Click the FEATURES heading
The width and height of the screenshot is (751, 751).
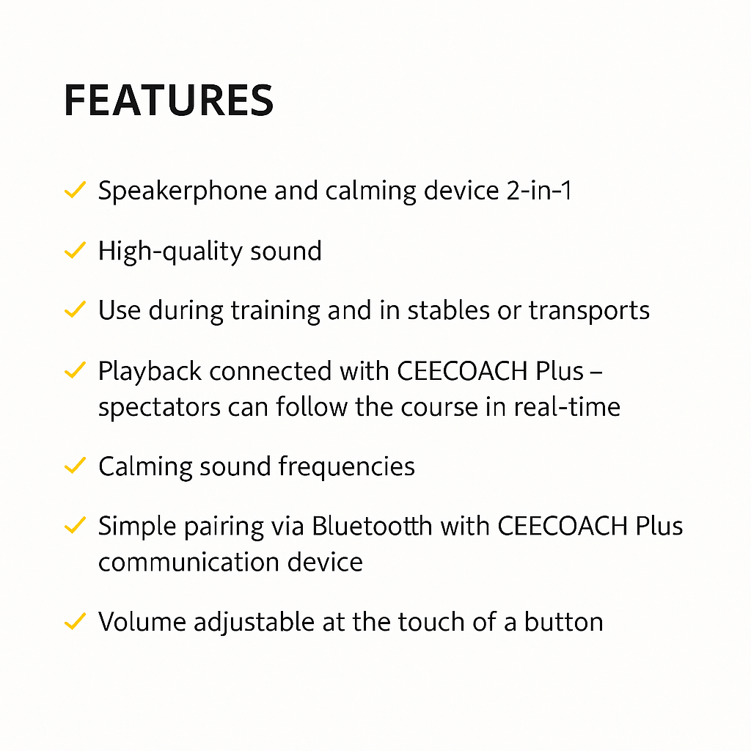(169, 100)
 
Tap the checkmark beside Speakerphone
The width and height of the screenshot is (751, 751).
(76, 190)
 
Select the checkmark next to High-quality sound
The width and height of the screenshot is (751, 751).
(76, 250)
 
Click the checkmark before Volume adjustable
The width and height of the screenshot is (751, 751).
(76, 621)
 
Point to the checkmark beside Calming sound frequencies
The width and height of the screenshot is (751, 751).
(76, 466)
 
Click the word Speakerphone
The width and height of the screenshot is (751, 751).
(182, 191)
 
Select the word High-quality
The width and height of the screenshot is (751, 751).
(170, 252)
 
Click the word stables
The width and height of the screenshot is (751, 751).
(448, 310)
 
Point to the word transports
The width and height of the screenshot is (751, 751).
(589, 311)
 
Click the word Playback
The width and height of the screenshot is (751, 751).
(150, 372)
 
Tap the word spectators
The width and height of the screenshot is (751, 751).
(159, 408)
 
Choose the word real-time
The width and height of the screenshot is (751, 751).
(567, 406)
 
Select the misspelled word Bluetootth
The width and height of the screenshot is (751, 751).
(372, 526)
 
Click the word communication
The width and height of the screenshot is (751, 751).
(188, 562)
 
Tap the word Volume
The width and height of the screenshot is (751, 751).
(142, 622)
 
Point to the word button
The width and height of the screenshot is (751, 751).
(563, 622)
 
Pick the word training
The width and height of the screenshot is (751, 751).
(276, 311)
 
